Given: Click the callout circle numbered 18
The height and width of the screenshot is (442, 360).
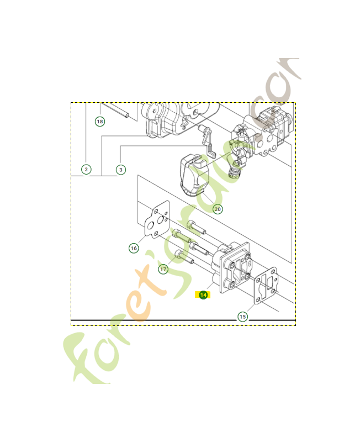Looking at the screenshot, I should pos(100,122).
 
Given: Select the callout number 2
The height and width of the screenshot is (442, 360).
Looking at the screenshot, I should pos(87,169).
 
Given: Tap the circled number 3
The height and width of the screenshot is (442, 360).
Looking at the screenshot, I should pos(121,169).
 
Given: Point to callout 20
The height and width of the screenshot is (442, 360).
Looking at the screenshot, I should pos(218,209).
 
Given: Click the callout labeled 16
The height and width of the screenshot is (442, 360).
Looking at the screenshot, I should pos(134,249).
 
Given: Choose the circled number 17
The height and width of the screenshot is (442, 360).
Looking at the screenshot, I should pos(163,269).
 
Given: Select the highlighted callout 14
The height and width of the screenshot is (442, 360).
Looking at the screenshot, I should pos(204,295).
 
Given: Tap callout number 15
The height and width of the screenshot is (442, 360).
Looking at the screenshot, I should pos(242,317).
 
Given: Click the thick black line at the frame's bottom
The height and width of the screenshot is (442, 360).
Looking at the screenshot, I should pos(182,320).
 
